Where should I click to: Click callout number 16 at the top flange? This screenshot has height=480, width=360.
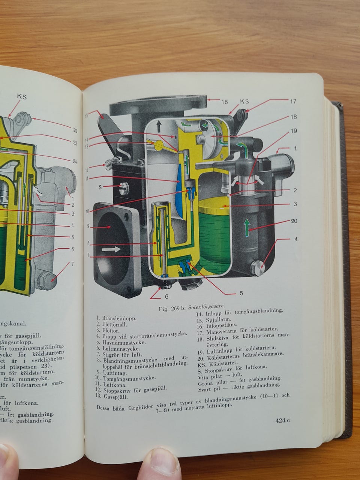[225, 102]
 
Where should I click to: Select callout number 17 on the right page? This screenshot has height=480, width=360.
[293, 101]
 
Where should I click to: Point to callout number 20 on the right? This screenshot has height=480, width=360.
[294, 221]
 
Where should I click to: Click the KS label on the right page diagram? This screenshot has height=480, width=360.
[244, 102]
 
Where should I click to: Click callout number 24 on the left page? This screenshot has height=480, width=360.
[75, 161]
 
